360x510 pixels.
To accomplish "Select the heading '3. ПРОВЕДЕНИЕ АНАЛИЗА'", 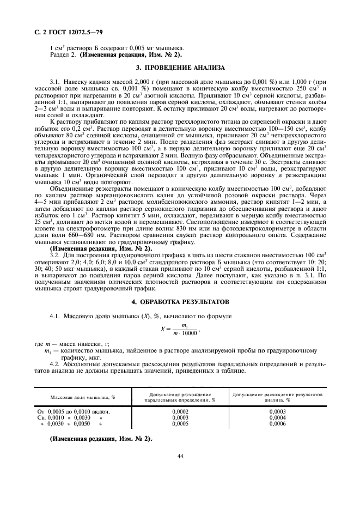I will point(179,68).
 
